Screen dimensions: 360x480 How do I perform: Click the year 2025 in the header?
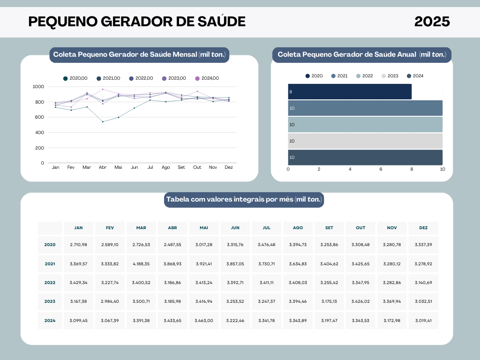(432, 22)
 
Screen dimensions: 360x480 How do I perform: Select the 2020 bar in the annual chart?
(350, 91)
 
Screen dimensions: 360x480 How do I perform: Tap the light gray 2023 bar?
(365, 141)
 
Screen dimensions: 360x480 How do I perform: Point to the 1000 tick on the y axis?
(38, 87)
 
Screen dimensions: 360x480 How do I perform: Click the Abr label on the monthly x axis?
(103, 167)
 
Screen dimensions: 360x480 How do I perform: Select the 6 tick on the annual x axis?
(381, 169)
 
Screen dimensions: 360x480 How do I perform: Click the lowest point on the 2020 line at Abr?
(103, 122)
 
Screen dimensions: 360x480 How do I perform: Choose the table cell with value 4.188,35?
(141, 264)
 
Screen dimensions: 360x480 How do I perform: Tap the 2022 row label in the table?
(50, 283)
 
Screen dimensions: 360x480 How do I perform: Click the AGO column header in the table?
(298, 228)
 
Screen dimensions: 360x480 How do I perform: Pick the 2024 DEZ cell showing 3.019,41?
(423, 321)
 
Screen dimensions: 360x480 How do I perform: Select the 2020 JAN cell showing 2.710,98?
(79, 245)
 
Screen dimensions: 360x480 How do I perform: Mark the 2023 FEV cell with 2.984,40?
(110, 301)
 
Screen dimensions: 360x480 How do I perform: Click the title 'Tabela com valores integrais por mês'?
(244, 200)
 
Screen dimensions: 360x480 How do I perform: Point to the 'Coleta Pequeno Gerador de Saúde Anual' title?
(361, 55)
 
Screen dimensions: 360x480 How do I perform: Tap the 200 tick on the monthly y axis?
(39, 148)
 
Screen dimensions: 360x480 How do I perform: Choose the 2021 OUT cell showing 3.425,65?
(360, 264)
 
